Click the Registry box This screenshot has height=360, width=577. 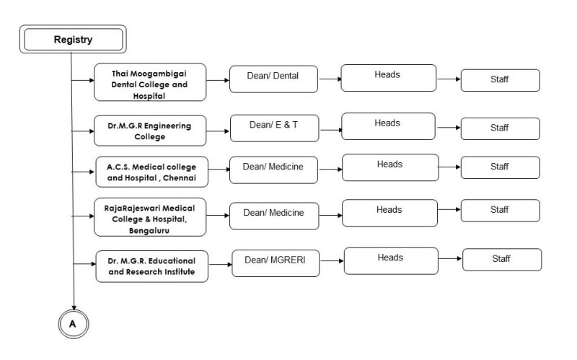(x=73, y=39)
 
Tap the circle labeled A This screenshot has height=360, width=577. (x=74, y=324)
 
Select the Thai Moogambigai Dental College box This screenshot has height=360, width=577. (x=150, y=82)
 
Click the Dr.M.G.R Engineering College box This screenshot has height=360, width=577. (x=150, y=131)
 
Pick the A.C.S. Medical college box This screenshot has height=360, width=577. (x=151, y=172)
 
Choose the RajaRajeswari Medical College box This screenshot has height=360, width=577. (x=150, y=217)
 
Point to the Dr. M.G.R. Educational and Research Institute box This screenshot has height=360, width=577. (x=151, y=266)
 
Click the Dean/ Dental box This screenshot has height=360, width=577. (x=273, y=79)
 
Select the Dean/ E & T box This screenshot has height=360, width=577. (x=275, y=128)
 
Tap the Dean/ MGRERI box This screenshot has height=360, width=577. (x=276, y=263)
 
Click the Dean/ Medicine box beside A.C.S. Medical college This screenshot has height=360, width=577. (x=273, y=170)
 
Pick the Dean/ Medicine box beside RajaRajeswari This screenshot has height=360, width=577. (x=274, y=216)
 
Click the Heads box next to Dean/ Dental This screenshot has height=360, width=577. (x=389, y=78)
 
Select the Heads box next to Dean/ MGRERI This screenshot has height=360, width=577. (x=391, y=261)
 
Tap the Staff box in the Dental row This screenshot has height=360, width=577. (x=501, y=80)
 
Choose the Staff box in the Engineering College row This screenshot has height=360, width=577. (x=501, y=129)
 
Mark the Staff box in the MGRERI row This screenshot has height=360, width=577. (x=502, y=260)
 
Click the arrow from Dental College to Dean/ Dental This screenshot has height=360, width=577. (x=218, y=80)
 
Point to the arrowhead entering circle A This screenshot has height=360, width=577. (x=74, y=308)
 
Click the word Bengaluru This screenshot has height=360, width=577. (x=149, y=230)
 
